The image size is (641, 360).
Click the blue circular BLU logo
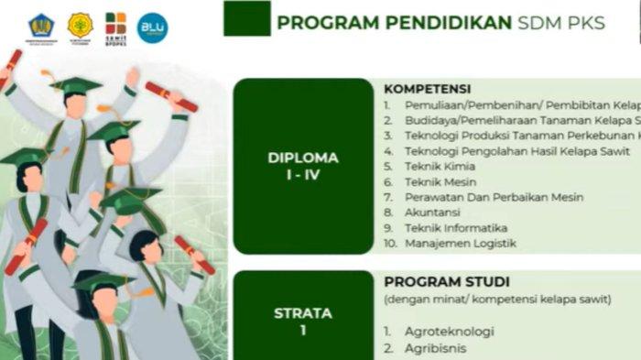coord(152,27)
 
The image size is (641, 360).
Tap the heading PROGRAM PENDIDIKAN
coord(394,23)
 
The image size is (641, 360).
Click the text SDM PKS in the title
coord(561,23)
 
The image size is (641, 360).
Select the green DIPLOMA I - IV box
coord(303,166)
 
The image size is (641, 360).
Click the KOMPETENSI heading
coord(427,89)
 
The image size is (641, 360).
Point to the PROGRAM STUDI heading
coord(447,282)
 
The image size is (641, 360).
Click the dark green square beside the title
coord(246,18)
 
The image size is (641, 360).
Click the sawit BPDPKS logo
coord(115,27)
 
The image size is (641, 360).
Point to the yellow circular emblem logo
coord(80,26)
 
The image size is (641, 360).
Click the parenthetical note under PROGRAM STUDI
coord(497,300)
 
